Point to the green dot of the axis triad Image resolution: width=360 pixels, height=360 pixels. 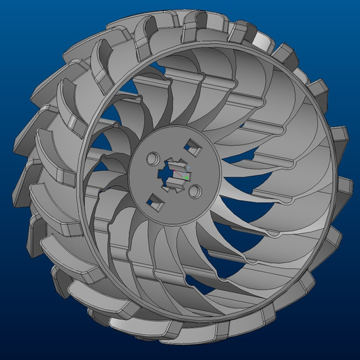(x=186, y=177)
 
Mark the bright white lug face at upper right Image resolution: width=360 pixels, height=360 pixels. (x=260, y=40)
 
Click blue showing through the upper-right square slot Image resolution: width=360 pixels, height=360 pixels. (x=192, y=146)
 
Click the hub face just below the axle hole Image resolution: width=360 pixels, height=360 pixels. (x=174, y=202)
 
